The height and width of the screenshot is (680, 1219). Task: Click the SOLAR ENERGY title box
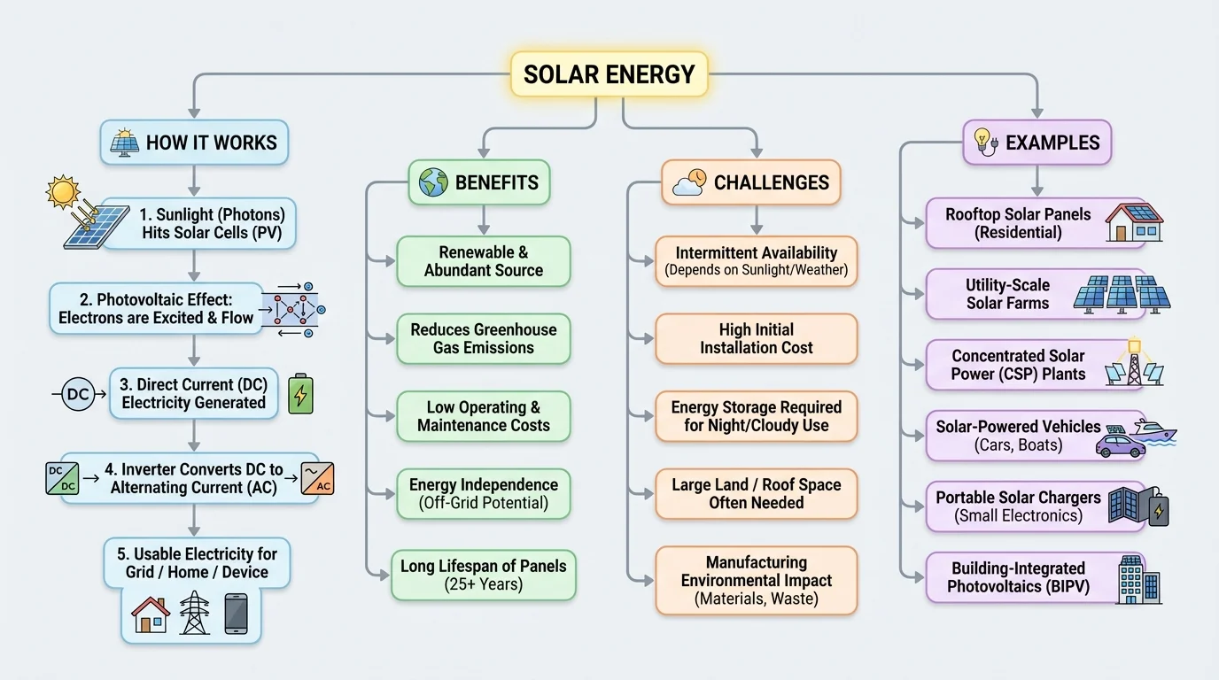click(609, 73)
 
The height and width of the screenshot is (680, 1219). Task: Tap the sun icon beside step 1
click(63, 191)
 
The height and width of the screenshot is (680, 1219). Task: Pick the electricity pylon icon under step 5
click(194, 613)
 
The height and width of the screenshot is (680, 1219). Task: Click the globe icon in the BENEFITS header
click(433, 182)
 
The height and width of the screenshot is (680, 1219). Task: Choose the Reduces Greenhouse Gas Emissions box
click(484, 339)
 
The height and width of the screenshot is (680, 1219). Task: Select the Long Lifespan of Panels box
click(484, 576)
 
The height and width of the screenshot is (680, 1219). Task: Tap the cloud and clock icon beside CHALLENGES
click(689, 182)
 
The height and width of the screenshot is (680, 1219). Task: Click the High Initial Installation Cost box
click(756, 339)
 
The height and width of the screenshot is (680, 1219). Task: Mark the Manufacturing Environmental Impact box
click(756, 581)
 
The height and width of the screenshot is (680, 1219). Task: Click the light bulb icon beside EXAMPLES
click(985, 142)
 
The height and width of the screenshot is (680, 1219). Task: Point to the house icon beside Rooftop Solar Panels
click(1134, 223)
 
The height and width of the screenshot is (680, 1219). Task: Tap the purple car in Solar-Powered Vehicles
click(1120, 444)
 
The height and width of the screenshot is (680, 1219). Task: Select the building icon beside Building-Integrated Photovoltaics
click(1138, 580)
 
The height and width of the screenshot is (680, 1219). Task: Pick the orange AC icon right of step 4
click(317, 478)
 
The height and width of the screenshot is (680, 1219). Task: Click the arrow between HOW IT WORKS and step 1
click(194, 180)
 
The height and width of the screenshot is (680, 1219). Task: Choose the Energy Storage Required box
click(756, 416)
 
